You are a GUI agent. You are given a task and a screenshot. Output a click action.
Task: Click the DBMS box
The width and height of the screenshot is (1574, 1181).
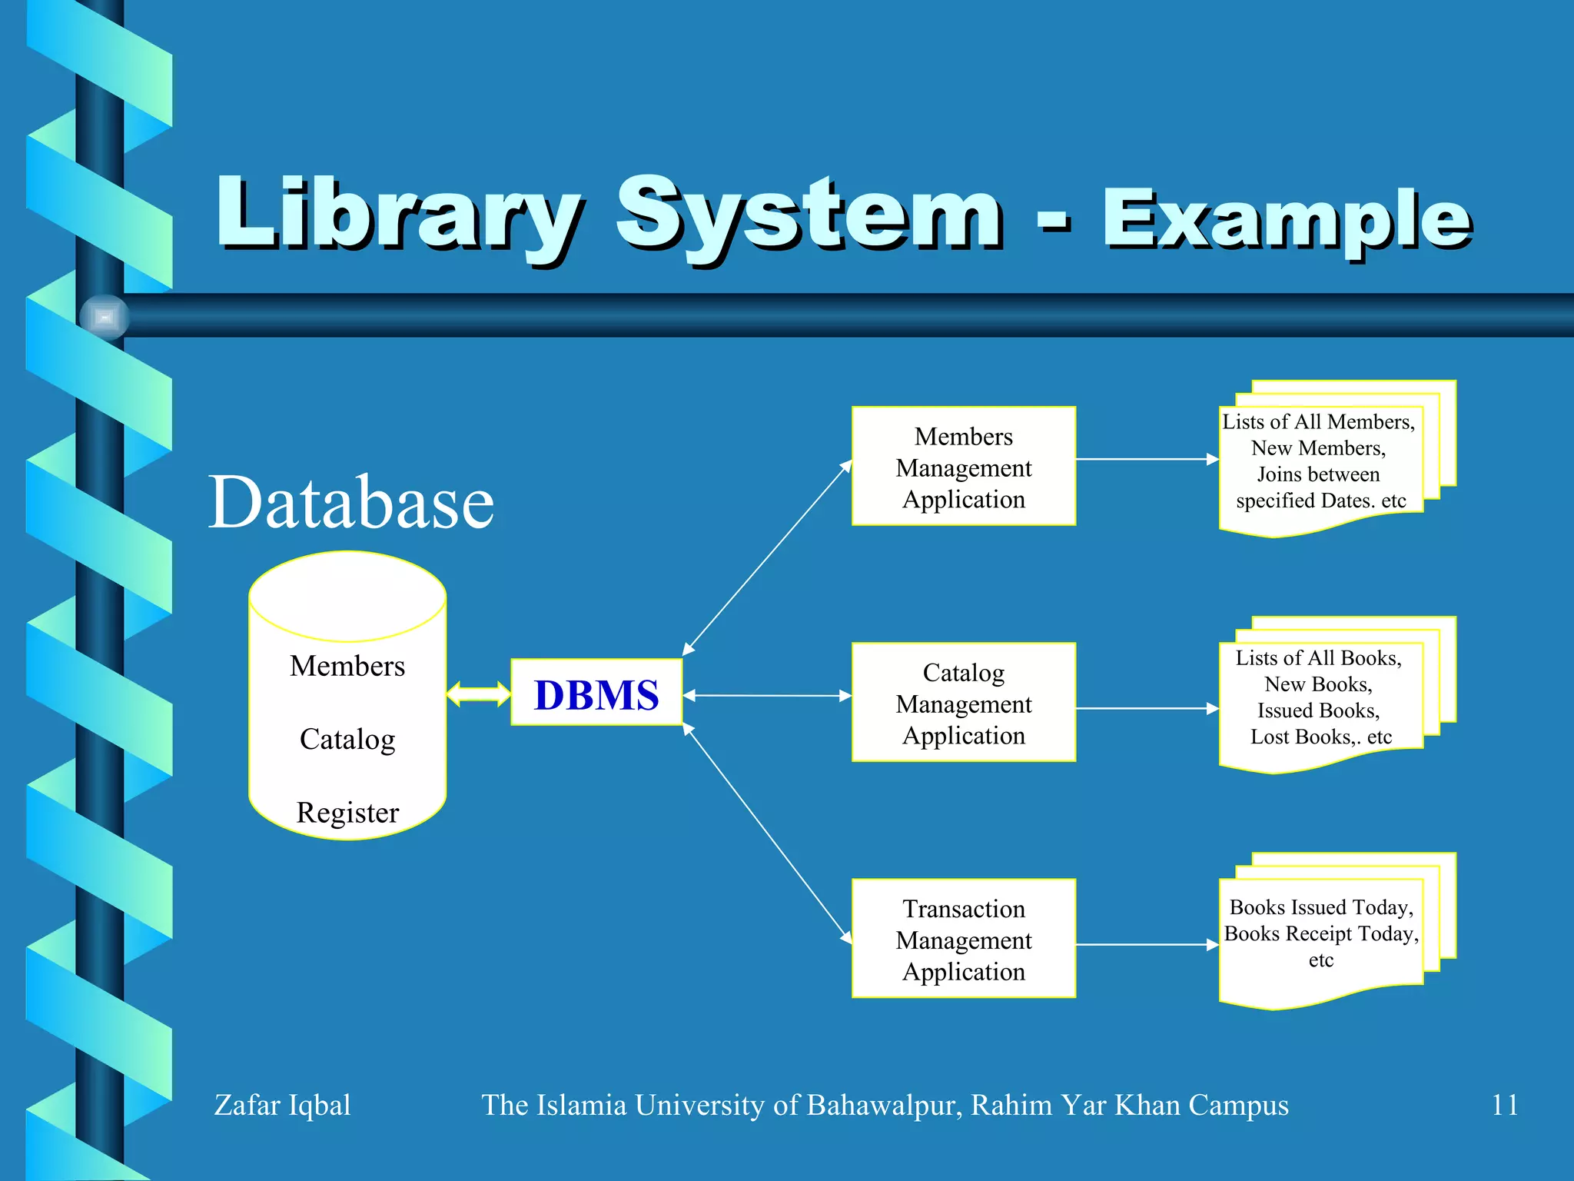click(x=596, y=693)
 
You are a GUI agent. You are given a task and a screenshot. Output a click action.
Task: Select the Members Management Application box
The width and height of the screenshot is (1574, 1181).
click(x=963, y=467)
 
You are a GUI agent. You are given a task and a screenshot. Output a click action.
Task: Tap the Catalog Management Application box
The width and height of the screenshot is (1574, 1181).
click(x=963, y=703)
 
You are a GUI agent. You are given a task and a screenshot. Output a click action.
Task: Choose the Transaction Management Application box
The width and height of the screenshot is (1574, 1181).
click(x=963, y=939)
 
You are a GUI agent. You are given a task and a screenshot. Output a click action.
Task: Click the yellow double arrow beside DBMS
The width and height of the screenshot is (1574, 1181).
click(x=478, y=694)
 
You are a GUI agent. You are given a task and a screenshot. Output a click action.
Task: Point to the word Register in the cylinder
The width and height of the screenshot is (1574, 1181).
click(x=347, y=813)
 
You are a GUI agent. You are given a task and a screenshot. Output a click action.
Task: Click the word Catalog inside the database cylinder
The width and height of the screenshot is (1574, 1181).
click(x=347, y=739)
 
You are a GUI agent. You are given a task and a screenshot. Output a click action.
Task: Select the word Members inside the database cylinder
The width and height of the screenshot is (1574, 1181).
click(x=347, y=666)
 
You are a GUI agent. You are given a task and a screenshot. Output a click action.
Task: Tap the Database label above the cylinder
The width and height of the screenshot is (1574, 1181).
click(x=351, y=502)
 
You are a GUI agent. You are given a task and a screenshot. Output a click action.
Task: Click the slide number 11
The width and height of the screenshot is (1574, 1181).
click(x=1504, y=1105)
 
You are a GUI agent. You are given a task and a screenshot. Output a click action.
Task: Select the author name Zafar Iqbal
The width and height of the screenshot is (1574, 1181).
click(x=282, y=1105)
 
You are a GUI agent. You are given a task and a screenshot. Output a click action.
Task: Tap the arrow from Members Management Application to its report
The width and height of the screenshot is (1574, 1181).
click(x=1147, y=460)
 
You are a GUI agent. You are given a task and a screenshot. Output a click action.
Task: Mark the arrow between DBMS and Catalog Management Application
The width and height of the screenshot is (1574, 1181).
click(x=767, y=696)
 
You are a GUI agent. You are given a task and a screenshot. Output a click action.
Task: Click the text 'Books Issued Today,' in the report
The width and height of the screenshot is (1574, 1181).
click(x=1321, y=907)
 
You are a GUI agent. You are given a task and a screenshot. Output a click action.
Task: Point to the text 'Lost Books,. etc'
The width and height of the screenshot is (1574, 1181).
click(x=1321, y=737)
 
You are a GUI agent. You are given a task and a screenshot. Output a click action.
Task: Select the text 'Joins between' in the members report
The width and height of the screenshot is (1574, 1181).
click(x=1318, y=474)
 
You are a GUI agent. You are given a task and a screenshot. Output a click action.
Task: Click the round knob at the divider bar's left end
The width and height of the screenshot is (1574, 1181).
click(x=105, y=317)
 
